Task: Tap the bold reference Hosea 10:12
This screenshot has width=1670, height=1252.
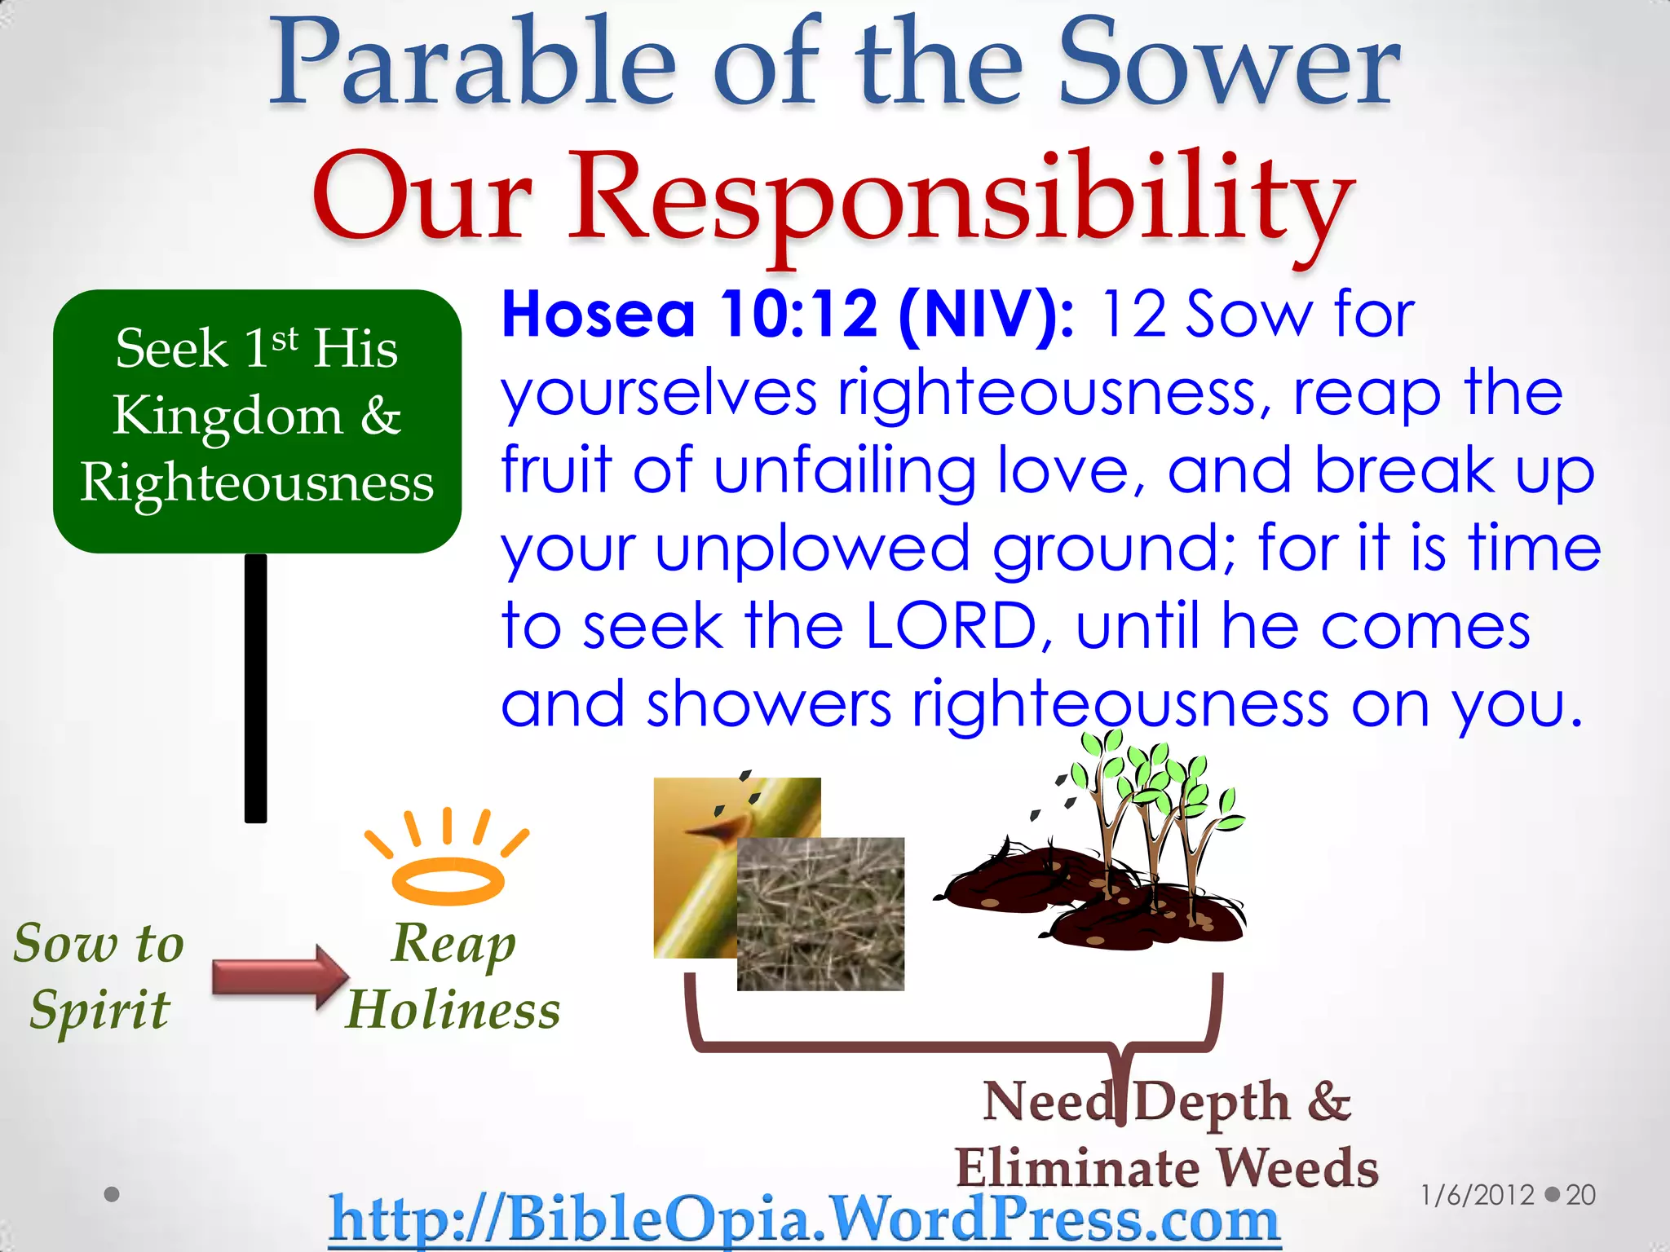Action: pyautogui.click(x=689, y=315)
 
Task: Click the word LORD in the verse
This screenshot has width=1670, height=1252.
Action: pyautogui.click(x=950, y=627)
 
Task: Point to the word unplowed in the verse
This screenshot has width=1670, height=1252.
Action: pyautogui.click(x=812, y=549)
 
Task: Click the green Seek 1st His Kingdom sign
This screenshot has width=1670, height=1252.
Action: pyautogui.click(x=257, y=420)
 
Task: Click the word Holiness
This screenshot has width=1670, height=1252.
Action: pyautogui.click(x=453, y=1010)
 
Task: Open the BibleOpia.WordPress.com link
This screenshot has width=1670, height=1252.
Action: pyautogui.click(x=805, y=1219)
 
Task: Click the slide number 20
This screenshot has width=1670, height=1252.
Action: pyautogui.click(x=1580, y=1195)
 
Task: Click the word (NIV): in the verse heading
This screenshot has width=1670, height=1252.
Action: pyautogui.click(x=987, y=315)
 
